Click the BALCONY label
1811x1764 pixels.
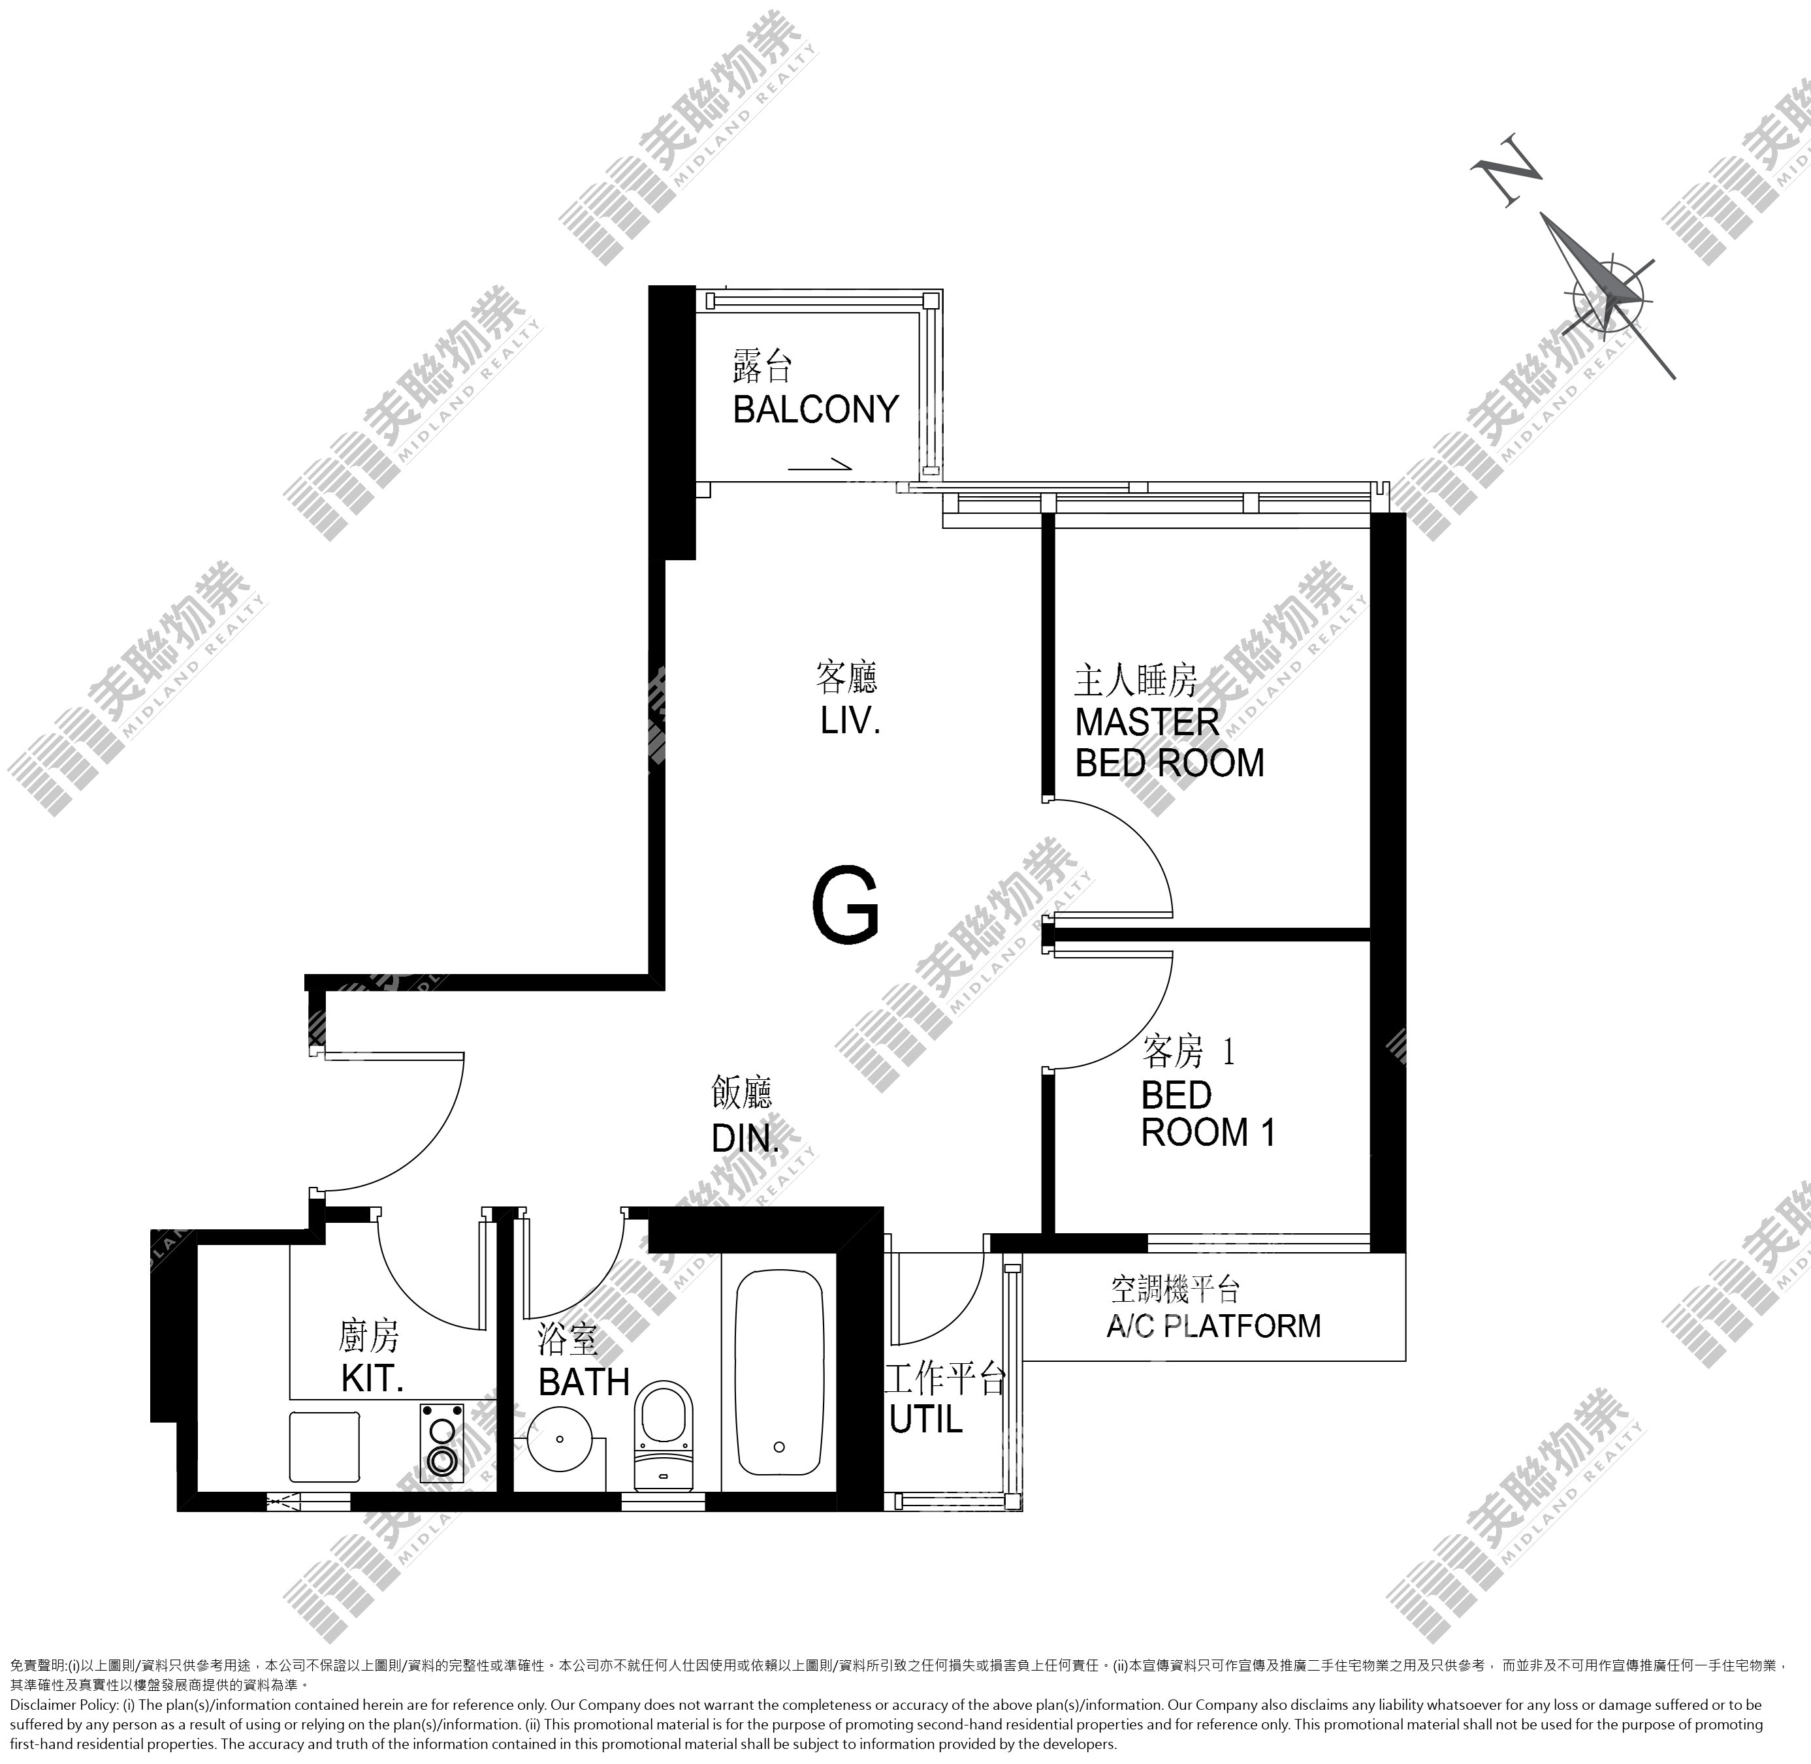816,409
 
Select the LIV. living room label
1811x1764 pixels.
850,721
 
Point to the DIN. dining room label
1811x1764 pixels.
745,1138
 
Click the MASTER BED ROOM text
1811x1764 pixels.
1170,742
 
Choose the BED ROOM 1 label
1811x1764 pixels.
1208,1114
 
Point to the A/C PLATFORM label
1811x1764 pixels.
1213,1326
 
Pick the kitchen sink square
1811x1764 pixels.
325,1447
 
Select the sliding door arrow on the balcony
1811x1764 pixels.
820,464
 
